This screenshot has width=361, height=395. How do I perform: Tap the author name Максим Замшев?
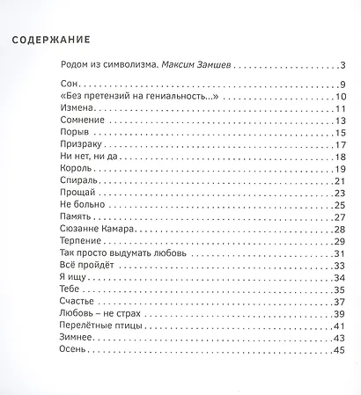[206, 65]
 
